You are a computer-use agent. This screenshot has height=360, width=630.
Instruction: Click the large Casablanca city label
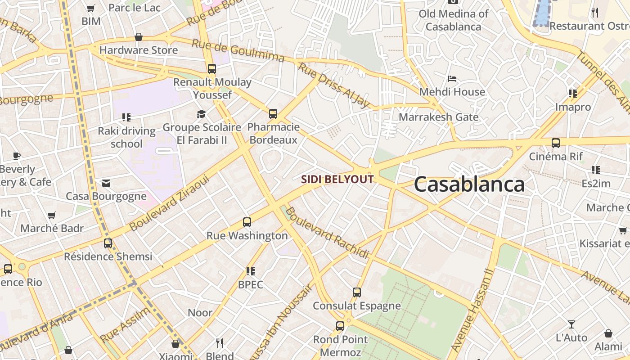click(x=469, y=184)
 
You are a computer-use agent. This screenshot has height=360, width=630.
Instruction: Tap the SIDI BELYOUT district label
click(x=337, y=180)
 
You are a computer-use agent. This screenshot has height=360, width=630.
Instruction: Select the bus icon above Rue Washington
click(x=247, y=222)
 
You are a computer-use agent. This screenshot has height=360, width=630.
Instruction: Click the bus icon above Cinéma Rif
click(x=556, y=143)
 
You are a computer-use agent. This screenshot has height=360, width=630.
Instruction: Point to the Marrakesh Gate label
click(x=438, y=117)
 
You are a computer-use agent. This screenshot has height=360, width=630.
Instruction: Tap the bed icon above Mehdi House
click(x=452, y=79)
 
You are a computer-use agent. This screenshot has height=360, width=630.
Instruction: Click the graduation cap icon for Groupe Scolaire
click(x=201, y=114)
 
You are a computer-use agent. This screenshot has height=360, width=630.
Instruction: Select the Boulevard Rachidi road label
click(x=327, y=233)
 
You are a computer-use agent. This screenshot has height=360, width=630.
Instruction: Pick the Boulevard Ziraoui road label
click(x=169, y=203)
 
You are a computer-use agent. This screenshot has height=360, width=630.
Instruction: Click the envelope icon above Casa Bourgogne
click(x=106, y=183)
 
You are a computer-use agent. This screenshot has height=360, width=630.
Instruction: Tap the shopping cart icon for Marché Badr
click(x=52, y=215)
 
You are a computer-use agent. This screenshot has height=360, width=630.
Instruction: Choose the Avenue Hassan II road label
click(x=472, y=310)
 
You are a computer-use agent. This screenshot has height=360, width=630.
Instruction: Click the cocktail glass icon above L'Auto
click(x=571, y=324)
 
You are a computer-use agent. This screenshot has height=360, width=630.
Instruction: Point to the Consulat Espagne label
click(x=356, y=306)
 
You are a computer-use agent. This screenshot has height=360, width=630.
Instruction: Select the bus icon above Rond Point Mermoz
click(x=340, y=326)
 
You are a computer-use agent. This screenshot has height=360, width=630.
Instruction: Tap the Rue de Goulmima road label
click(x=238, y=50)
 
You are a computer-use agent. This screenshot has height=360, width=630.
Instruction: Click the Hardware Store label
click(x=139, y=50)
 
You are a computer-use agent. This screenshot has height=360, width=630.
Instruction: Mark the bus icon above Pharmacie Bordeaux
click(x=273, y=114)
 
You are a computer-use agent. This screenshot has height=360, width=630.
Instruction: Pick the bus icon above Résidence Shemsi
click(x=108, y=243)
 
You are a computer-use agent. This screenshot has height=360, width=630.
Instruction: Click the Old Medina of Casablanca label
click(x=453, y=20)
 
